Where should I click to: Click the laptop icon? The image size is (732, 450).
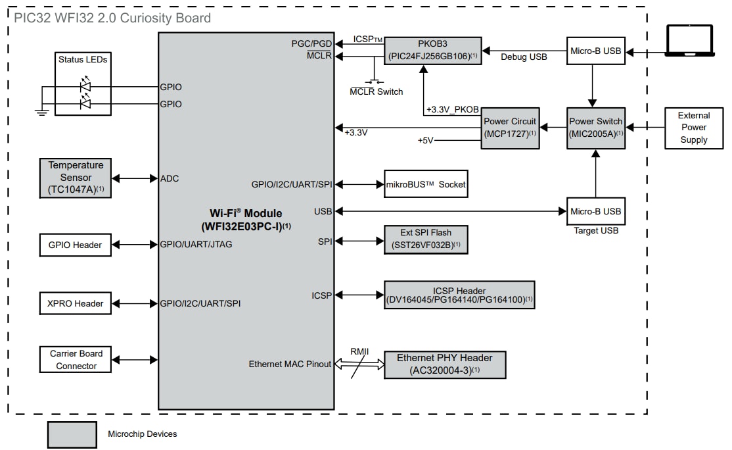pyautogui.click(x=689, y=40)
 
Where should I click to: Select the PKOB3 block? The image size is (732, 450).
pyautogui.click(x=432, y=50)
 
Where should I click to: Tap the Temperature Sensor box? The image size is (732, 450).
pyautogui.click(x=76, y=178)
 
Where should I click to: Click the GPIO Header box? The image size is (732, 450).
pyautogui.click(x=76, y=245)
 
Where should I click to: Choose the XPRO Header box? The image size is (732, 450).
pyautogui.click(x=76, y=303)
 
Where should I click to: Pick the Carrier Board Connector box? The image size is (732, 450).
pyautogui.click(x=76, y=359)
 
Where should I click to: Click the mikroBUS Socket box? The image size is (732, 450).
pyautogui.click(x=426, y=184)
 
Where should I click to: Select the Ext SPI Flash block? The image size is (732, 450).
pyautogui.click(x=426, y=239)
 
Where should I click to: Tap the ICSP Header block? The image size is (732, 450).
pyautogui.click(x=459, y=295)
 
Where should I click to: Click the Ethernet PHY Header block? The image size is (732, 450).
pyautogui.click(x=445, y=364)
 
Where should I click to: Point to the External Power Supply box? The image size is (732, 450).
pyautogui.click(x=694, y=128)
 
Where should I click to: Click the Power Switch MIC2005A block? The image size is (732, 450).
pyautogui.click(x=595, y=128)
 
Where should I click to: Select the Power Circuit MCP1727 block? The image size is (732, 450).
pyautogui.click(x=510, y=128)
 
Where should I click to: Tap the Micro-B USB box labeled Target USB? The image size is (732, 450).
pyautogui.click(x=595, y=211)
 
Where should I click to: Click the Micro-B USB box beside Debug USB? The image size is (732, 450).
pyautogui.click(x=595, y=51)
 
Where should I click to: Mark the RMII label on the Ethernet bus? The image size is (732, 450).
pyautogui.click(x=359, y=351)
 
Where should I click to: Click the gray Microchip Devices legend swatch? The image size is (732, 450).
pyautogui.click(x=72, y=434)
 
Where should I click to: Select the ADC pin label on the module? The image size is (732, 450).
pyautogui.click(x=170, y=178)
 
